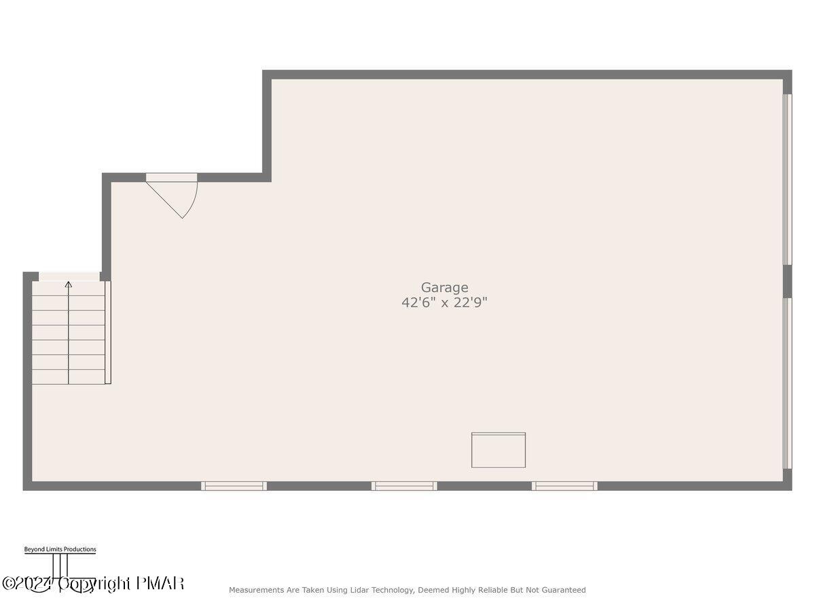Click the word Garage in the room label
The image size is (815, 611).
click(444, 288)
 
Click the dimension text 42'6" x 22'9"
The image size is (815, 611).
click(444, 303)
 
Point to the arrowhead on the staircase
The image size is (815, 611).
click(68, 284)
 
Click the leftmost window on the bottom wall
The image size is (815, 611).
click(234, 485)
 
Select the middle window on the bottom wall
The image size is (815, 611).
click(404, 485)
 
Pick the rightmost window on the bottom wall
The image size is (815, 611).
click(564, 485)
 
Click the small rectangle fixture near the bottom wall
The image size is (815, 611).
click(499, 450)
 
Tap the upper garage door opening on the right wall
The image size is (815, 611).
click(787, 179)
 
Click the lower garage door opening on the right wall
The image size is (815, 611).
click(787, 384)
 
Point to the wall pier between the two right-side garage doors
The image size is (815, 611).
click(787, 281)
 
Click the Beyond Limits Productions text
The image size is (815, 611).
click(60, 549)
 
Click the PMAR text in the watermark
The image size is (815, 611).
click(160, 583)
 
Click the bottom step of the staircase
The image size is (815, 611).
click(68, 377)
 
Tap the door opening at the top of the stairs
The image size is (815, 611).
click(69, 276)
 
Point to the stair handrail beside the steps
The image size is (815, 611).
click(108, 333)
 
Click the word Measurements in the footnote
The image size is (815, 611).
click(257, 590)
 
